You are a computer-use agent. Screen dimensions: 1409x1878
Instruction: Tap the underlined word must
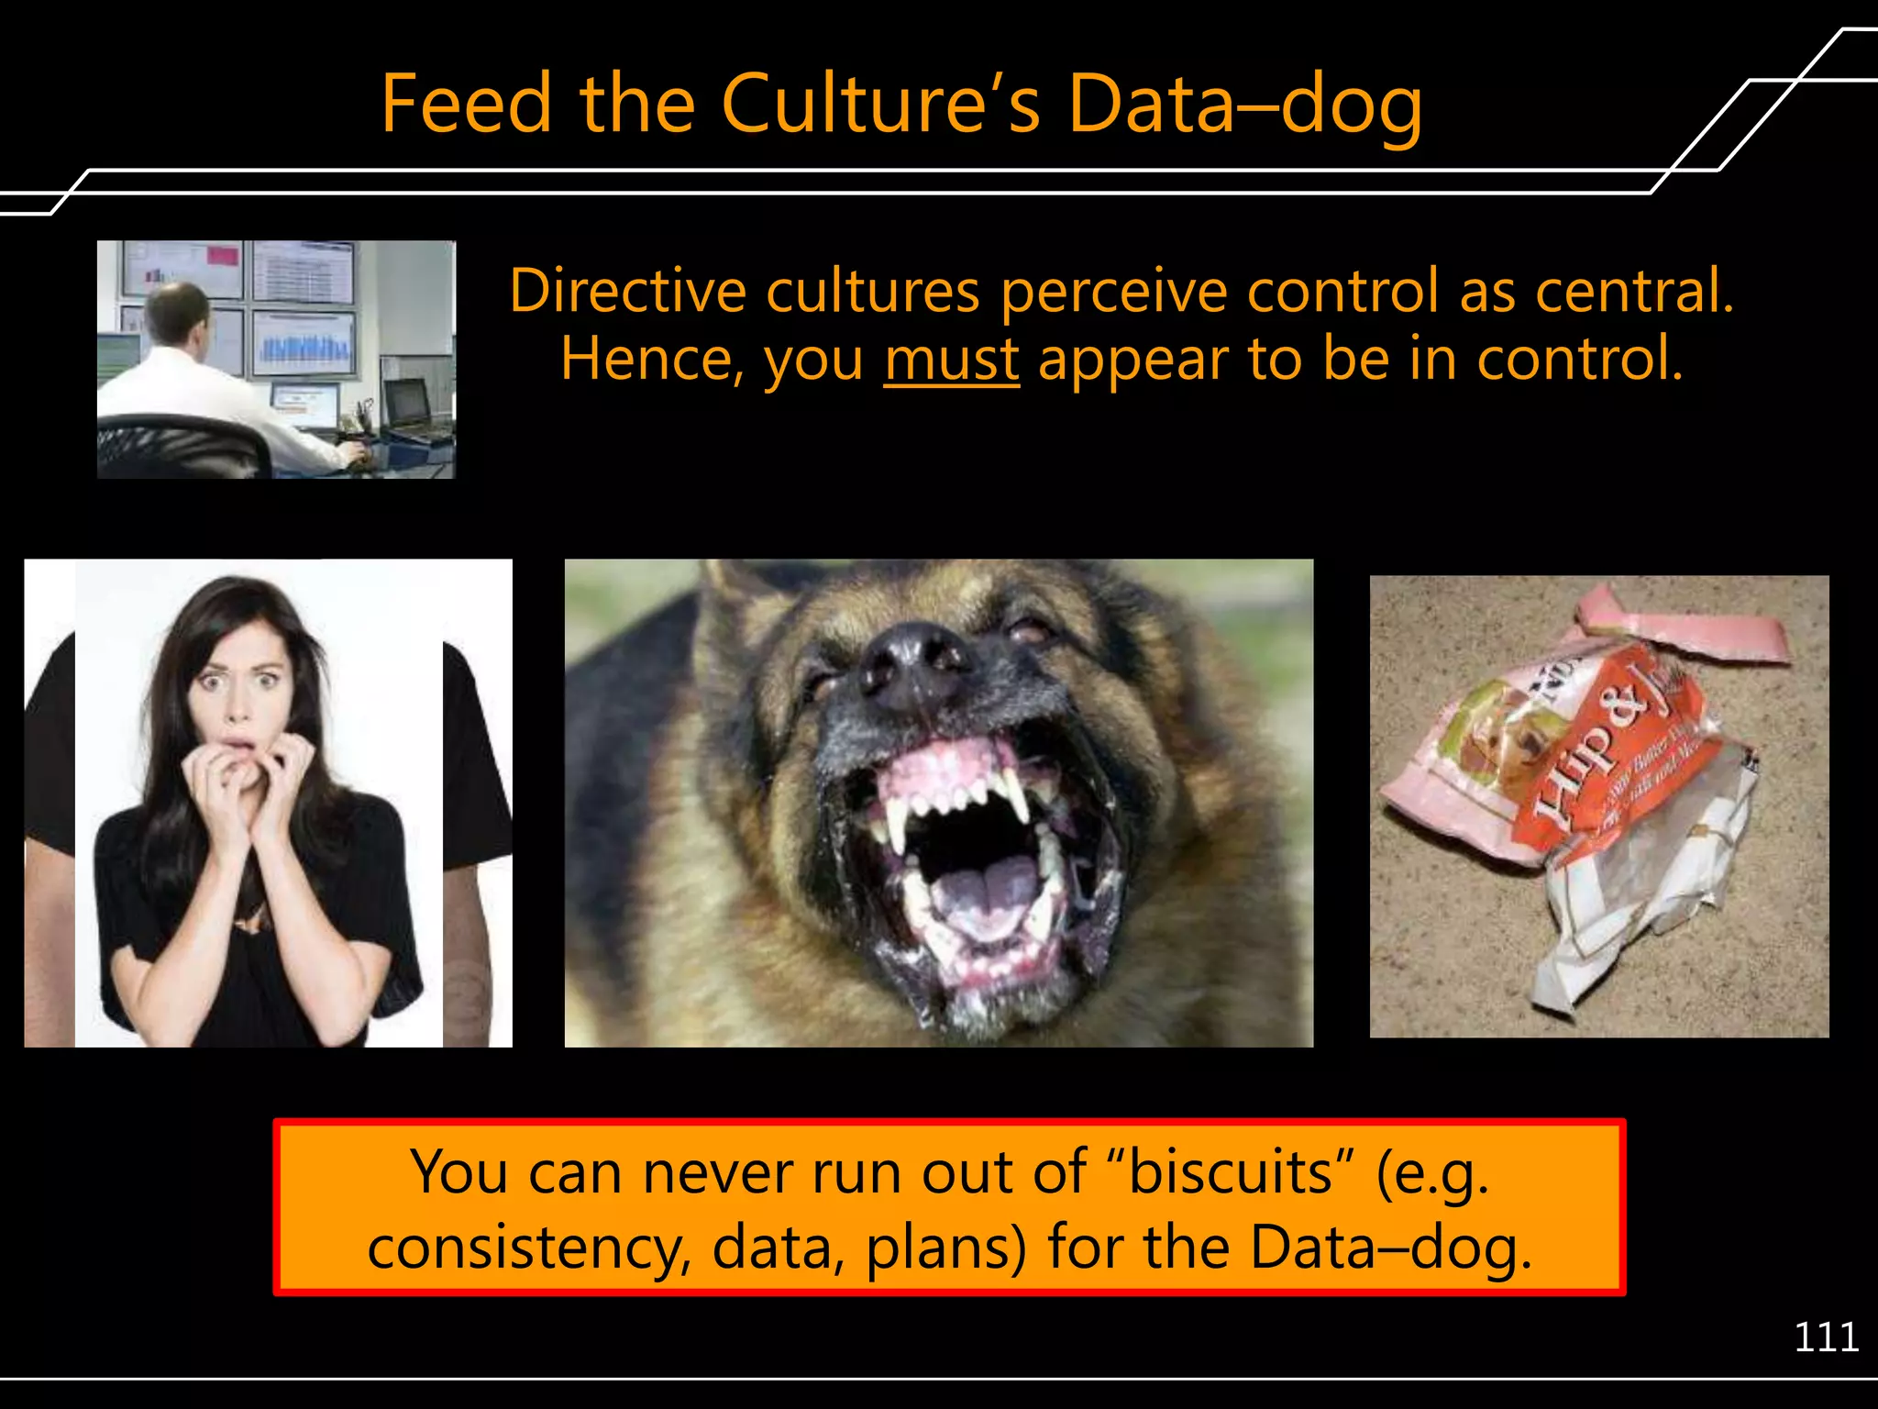(951, 360)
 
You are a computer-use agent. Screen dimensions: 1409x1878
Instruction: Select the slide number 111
(1825, 1337)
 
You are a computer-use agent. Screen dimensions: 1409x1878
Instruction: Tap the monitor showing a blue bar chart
(304, 343)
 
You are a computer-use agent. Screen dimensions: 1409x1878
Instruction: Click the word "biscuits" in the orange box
(1230, 1172)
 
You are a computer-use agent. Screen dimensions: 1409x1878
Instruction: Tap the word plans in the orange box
(945, 1249)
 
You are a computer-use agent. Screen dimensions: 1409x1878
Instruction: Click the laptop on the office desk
(407, 404)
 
